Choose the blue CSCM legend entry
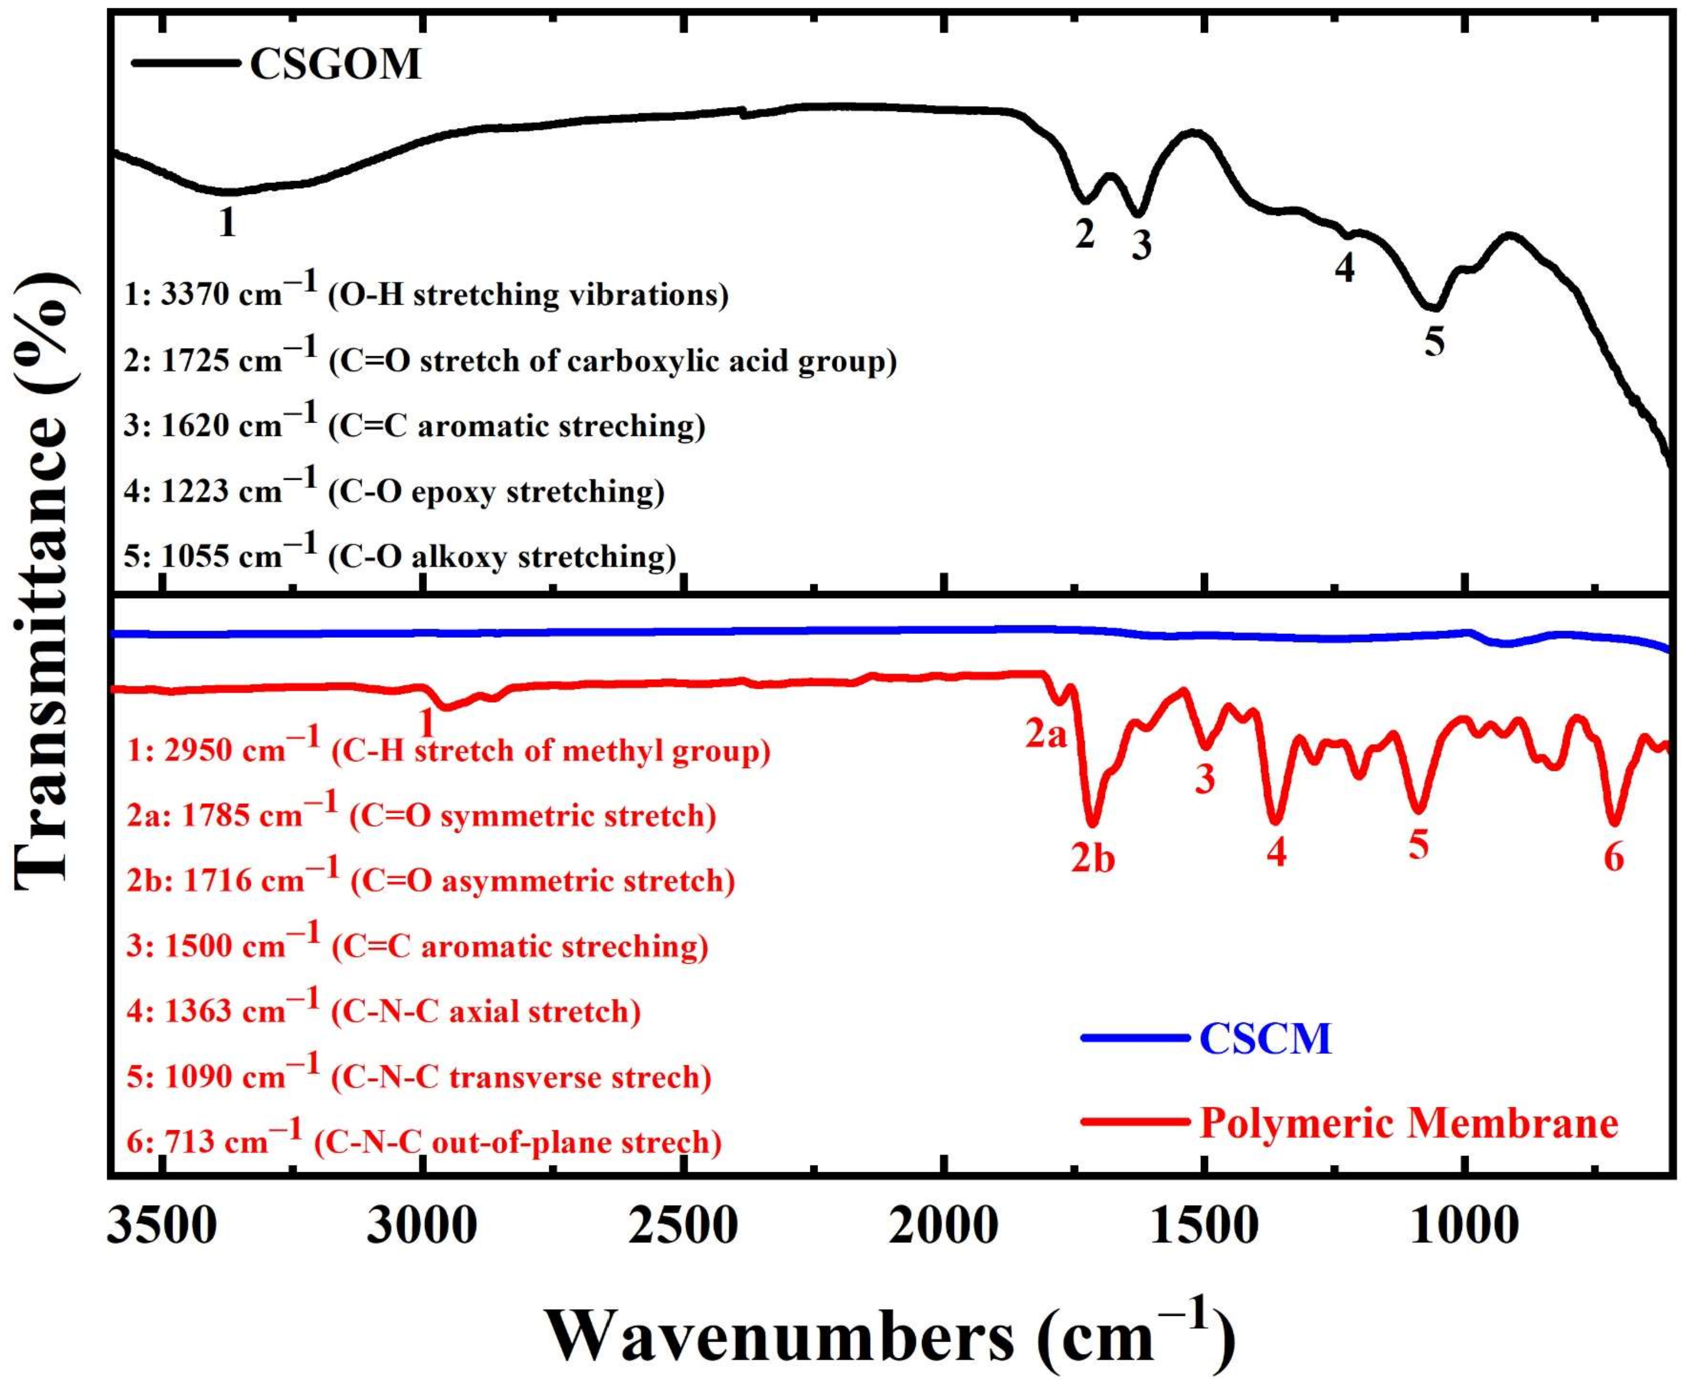pos(1266,1039)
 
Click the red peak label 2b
pos(1093,859)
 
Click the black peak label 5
pos(1434,342)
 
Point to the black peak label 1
pos(228,222)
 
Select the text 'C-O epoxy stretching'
pos(496,491)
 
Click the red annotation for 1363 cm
pos(384,1011)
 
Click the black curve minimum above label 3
pos(1138,214)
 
